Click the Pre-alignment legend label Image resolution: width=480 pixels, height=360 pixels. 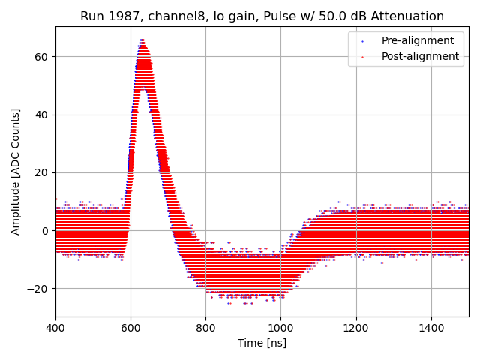tap(417, 41)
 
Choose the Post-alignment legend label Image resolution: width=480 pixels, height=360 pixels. tap(420, 56)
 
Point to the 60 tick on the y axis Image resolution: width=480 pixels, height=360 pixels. tap(41, 57)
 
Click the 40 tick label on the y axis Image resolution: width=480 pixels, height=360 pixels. tap(41, 115)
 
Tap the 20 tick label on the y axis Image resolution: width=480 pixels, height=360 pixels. tap(41, 172)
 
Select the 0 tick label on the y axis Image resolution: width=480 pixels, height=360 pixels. tap(45, 230)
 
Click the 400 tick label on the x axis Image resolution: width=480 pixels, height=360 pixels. tap(55, 328)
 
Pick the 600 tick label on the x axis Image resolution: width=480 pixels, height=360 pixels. tap(130, 328)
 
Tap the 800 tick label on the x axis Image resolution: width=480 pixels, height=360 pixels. tap(205, 328)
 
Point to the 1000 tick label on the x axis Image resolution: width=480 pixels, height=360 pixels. tap(280, 328)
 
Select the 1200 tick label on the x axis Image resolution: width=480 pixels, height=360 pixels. tap(355, 328)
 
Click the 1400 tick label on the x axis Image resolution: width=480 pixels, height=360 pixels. tap(430, 328)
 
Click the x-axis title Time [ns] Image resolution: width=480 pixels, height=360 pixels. tap(262, 343)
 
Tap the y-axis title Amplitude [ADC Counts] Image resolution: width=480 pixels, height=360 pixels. tap(16, 172)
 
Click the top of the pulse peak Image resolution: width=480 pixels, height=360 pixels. tap(142, 40)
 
